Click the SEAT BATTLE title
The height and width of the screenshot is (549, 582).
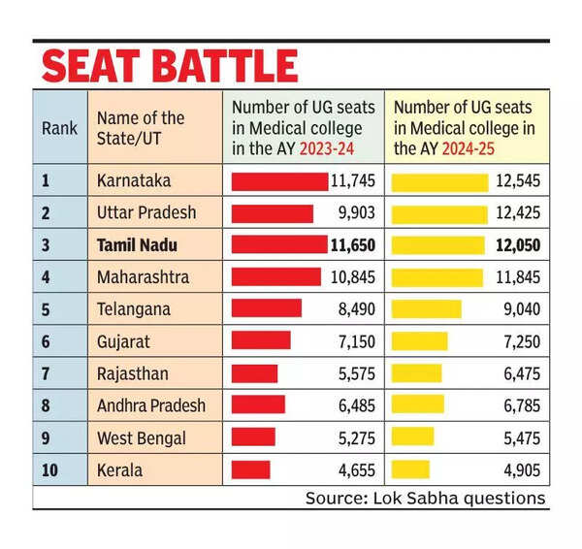pyautogui.click(x=170, y=65)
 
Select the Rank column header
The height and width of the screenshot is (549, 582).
pyautogui.click(x=59, y=128)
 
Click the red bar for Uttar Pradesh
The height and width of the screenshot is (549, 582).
pyautogui.click(x=273, y=212)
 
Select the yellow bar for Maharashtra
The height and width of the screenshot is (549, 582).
pyautogui.click(x=436, y=276)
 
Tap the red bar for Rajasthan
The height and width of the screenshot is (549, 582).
pyautogui.click(x=254, y=372)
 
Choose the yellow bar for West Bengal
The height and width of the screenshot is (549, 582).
pyautogui.click(x=411, y=437)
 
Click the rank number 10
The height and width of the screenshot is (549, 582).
pyautogui.click(x=50, y=469)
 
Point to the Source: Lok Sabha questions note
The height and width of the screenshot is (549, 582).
pyautogui.click(x=426, y=498)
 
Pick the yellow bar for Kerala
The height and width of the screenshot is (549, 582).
pyautogui.click(x=409, y=469)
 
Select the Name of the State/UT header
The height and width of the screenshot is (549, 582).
pyautogui.click(x=141, y=128)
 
